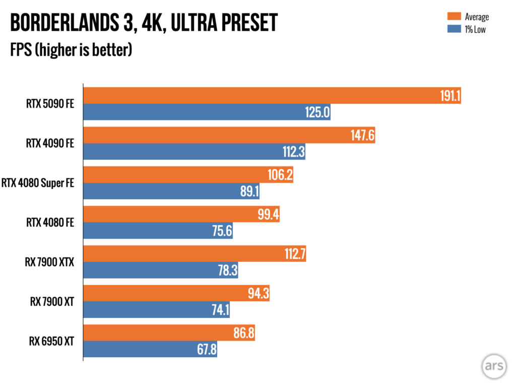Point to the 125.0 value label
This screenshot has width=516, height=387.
[x=317, y=112]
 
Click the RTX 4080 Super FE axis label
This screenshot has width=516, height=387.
[x=38, y=183]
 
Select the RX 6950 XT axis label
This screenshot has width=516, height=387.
[x=51, y=341]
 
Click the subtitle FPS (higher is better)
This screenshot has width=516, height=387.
[x=71, y=50]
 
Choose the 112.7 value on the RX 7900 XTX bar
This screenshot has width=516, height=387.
[x=292, y=254]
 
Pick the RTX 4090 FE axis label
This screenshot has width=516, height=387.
[x=50, y=144]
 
